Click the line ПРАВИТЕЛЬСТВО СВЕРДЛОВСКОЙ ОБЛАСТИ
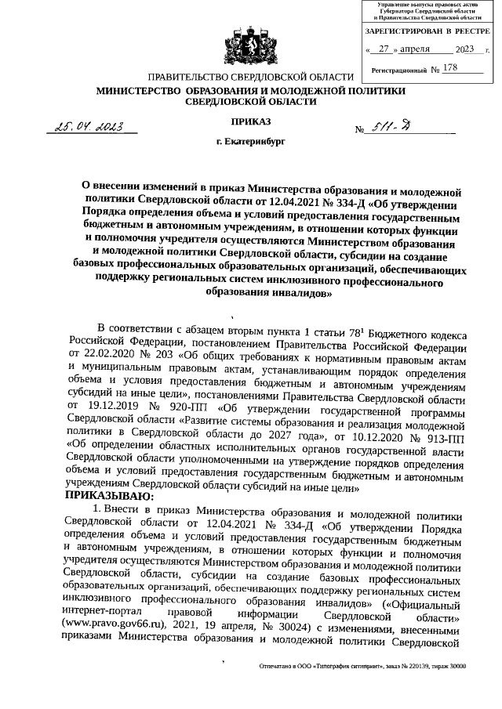click(x=250, y=78)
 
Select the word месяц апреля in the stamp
click(x=414, y=49)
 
